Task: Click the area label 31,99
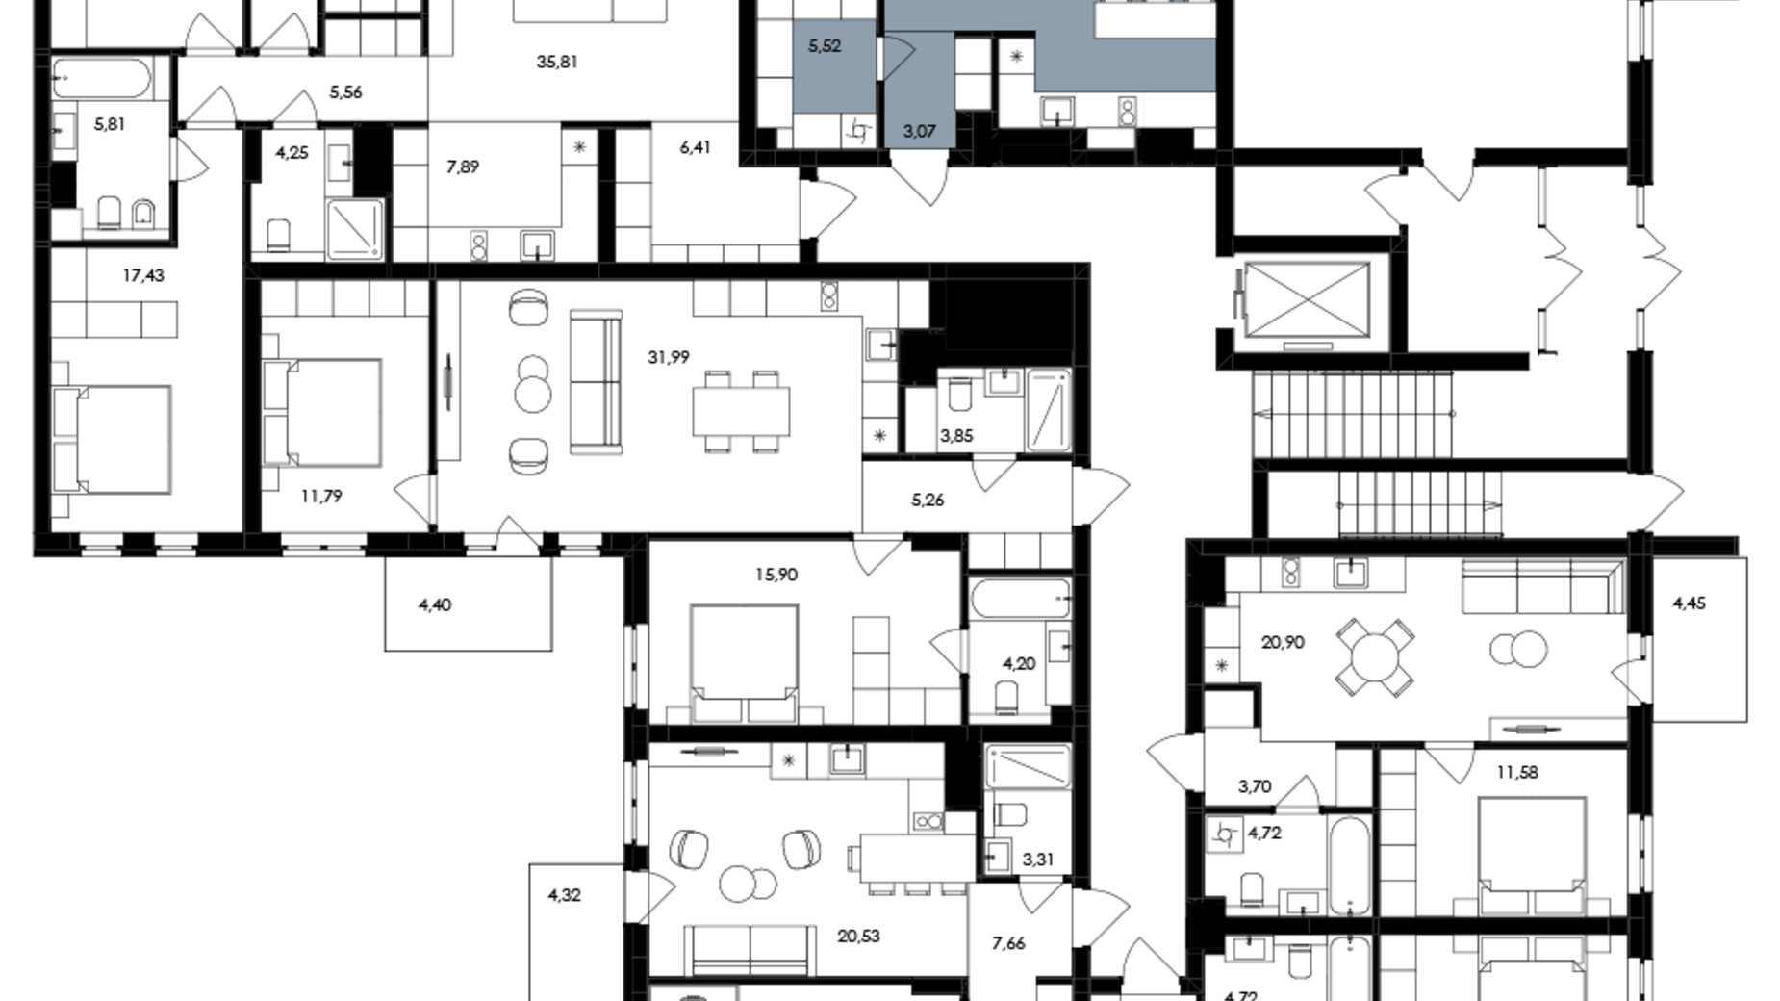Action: (x=668, y=357)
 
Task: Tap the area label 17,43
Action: (x=143, y=275)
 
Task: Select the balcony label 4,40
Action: (x=435, y=604)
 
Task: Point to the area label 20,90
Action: (x=1283, y=642)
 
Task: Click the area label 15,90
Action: (x=776, y=575)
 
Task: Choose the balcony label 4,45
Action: (x=1690, y=603)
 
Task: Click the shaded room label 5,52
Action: (x=825, y=45)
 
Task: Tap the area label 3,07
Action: (x=920, y=131)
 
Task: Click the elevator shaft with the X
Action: (x=1307, y=299)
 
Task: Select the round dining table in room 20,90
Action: (x=1375, y=656)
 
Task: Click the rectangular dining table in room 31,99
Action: (x=741, y=411)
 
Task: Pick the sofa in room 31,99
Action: (x=596, y=380)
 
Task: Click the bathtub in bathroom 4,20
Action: (x=1020, y=598)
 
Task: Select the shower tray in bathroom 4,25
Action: (x=355, y=229)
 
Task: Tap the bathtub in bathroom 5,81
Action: (x=101, y=79)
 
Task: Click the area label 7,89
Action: (x=463, y=167)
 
